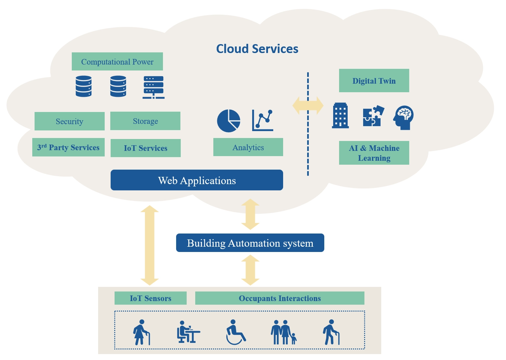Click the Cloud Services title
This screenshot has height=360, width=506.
(x=257, y=49)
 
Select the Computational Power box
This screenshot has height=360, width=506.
(x=117, y=62)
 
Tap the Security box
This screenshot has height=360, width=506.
(x=69, y=121)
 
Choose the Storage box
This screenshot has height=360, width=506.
(x=145, y=121)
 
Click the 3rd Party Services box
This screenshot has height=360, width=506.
(x=68, y=147)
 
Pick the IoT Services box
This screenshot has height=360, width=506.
(x=146, y=148)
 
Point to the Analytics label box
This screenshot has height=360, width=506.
(x=248, y=147)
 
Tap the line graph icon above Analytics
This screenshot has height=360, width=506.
(x=263, y=120)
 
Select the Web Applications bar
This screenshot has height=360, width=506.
(x=197, y=180)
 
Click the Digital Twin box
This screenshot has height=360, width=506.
(x=374, y=81)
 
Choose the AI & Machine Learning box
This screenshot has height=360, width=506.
(x=374, y=153)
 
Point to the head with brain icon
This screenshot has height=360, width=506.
(x=404, y=118)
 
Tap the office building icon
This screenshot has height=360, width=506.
(x=340, y=115)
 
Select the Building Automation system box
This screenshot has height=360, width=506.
(x=250, y=243)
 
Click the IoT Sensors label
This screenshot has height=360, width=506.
(x=150, y=298)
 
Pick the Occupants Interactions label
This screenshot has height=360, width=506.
(x=280, y=298)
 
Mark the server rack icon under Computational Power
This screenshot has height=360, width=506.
(x=153, y=87)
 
